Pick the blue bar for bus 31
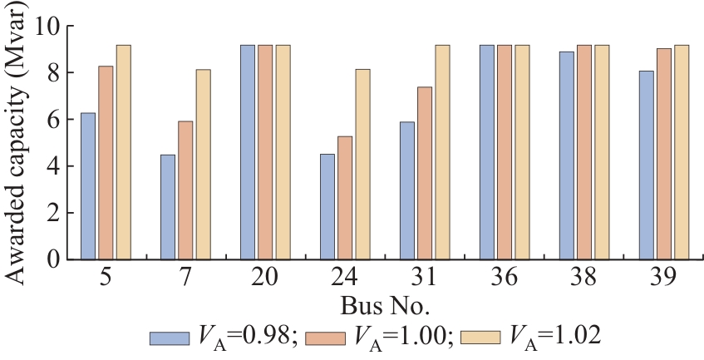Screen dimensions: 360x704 [x=407, y=190]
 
